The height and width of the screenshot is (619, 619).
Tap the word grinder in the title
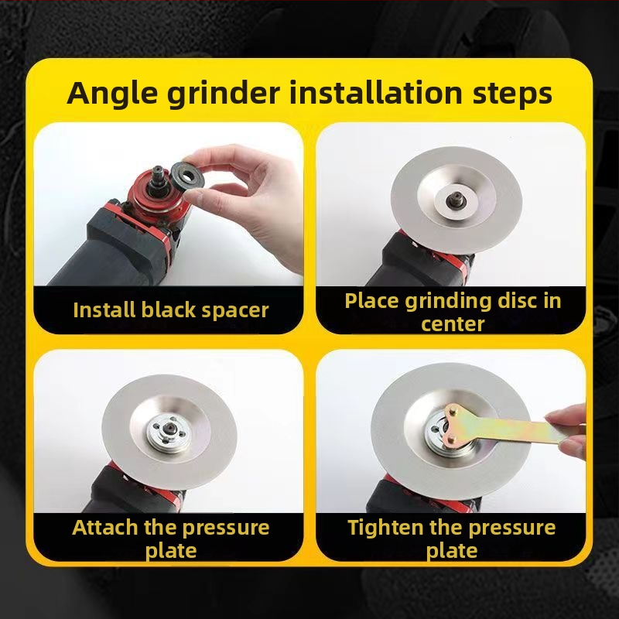224,94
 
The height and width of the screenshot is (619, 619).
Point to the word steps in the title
512,94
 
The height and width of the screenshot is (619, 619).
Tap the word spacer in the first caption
235,311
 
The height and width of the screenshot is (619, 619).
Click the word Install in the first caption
104,309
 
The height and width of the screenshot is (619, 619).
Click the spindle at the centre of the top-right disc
457,200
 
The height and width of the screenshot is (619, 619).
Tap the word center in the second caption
453,324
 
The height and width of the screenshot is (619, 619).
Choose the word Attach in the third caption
105,528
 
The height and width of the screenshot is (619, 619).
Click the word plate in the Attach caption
171,550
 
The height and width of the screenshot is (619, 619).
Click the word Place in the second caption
372,301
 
